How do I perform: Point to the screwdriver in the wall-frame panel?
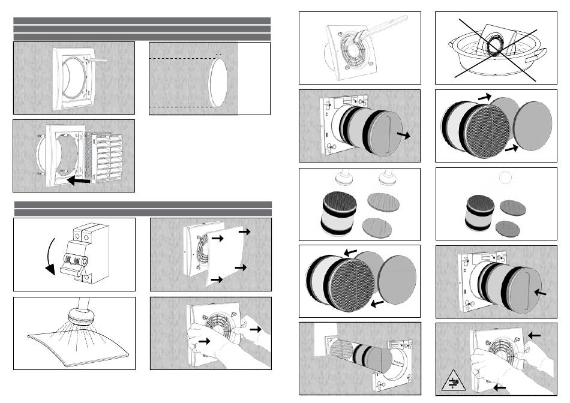tap(101, 59)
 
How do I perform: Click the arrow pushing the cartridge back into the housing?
tap(539, 293)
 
